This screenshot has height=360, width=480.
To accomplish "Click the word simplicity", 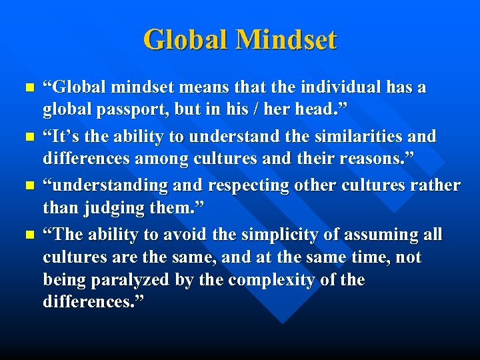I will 275,235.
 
